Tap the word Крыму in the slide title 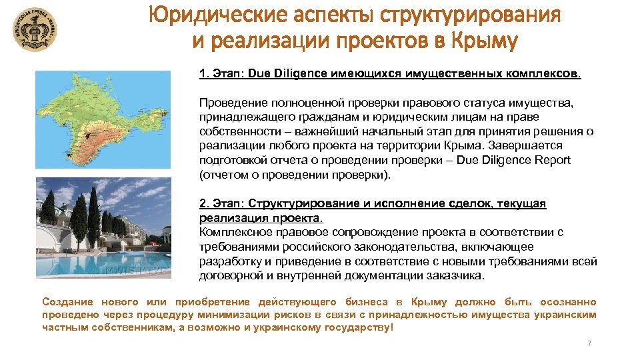click(x=483, y=41)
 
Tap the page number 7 click(x=589, y=343)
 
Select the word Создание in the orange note click(x=65, y=302)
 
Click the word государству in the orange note click(x=358, y=327)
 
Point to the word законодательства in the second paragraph click(x=393, y=247)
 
